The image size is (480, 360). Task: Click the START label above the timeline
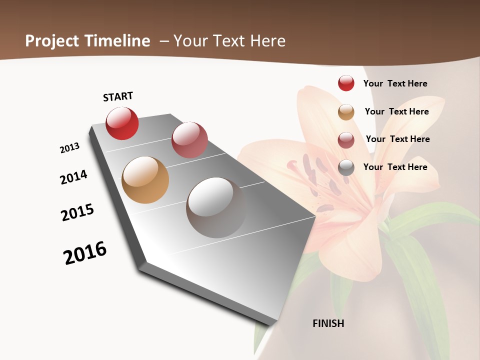click(x=118, y=96)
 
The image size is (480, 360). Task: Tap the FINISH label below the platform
click(x=328, y=323)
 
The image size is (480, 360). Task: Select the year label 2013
click(x=69, y=148)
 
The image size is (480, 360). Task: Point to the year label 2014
click(x=73, y=177)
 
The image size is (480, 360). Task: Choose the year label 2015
click(x=77, y=212)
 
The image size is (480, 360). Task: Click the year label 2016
click(x=85, y=252)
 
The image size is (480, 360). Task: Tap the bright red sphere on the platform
click(x=122, y=123)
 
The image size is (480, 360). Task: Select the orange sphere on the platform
click(x=145, y=180)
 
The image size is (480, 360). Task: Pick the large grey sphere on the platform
click(x=216, y=207)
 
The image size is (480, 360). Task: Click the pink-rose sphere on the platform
click(x=189, y=139)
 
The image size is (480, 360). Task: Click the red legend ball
click(x=346, y=83)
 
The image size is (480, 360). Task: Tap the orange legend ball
click(x=346, y=112)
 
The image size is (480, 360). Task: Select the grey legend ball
click(x=346, y=167)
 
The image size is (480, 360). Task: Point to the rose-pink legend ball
click(x=346, y=140)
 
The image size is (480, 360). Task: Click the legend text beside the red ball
click(x=395, y=83)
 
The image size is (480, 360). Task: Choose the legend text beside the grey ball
click(x=395, y=167)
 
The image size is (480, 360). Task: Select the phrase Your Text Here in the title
click(x=229, y=41)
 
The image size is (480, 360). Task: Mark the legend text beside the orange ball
click(x=396, y=111)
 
